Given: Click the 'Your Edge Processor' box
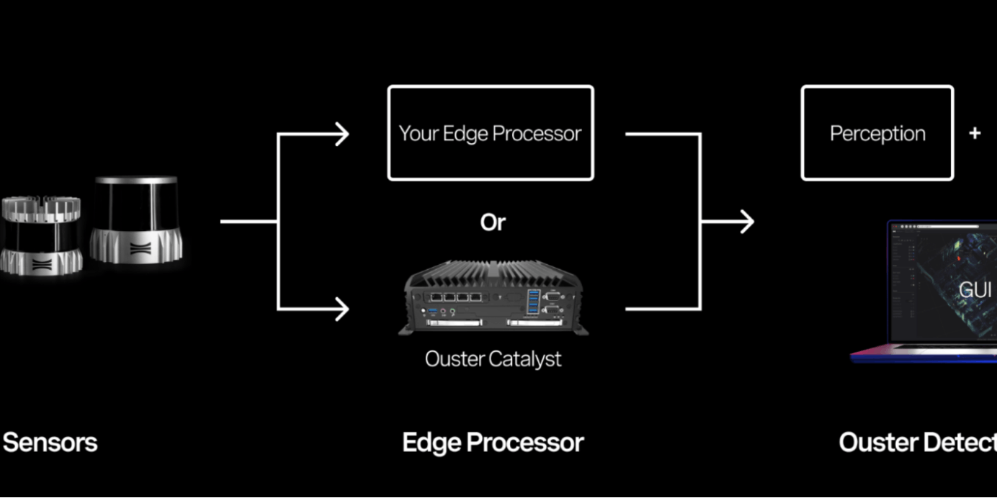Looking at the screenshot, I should click(490, 133).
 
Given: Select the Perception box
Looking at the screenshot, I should click(877, 133).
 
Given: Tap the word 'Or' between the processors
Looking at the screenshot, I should click(493, 223).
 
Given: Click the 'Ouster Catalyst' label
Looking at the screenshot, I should click(493, 358).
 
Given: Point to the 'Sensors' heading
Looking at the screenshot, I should click(50, 442).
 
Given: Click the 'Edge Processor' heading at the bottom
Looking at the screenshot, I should click(493, 442).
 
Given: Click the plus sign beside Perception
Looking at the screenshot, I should click(975, 133).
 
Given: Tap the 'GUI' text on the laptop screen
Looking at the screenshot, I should click(975, 289).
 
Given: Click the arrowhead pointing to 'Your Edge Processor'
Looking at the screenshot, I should click(341, 134).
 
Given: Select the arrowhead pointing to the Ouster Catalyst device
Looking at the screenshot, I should click(341, 309).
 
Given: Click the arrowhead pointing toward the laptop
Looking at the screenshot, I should click(746, 222).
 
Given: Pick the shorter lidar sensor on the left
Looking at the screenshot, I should click(40, 234).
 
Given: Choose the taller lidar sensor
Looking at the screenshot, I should click(136, 219).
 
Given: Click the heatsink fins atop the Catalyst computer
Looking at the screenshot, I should click(493, 272).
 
